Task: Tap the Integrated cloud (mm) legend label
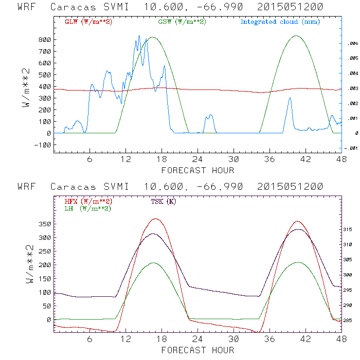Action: click(280, 22)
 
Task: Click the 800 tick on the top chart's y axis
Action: click(45, 40)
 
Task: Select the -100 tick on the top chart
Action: click(43, 145)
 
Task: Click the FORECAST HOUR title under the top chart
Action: click(198, 170)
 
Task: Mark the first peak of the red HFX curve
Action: click(155, 219)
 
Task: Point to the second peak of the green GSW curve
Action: click(296, 36)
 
